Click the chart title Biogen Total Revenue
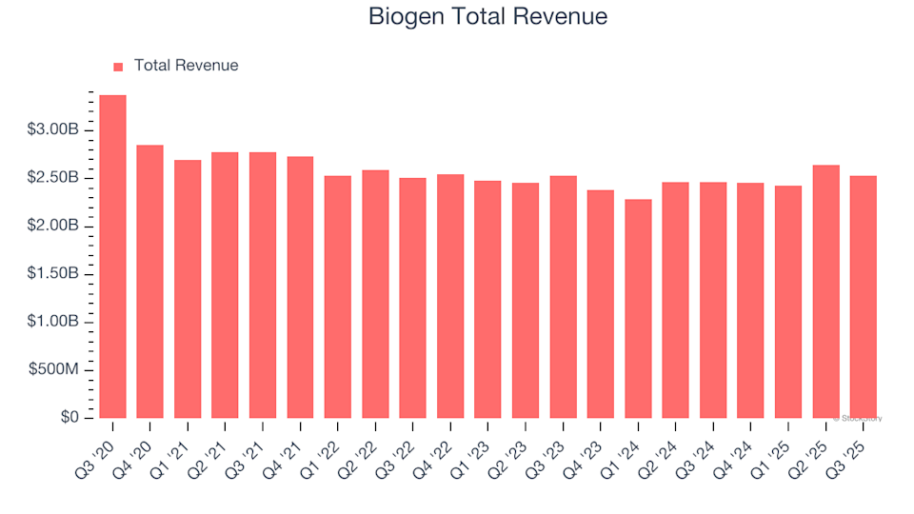pyautogui.click(x=487, y=17)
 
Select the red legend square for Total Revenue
pyautogui.click(x=118, y=67)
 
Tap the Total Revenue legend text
pyautogui.click(x=186, y=66)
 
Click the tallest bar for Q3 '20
pyautogui.click(x=112, y=257)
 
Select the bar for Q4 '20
pyautogui.click(x=150, y=282)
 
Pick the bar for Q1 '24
pyautogui.click(x=638, y=308)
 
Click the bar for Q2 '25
pyautogui.click(x=825, y=291)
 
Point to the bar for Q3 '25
pyautogui.click(x=864, y=297)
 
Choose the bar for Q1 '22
pyautogui.click(x=338, y=297)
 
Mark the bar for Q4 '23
pyautogui.click(x=601, y=304)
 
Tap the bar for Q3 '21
pyautogui.click(x=263, y=285)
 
